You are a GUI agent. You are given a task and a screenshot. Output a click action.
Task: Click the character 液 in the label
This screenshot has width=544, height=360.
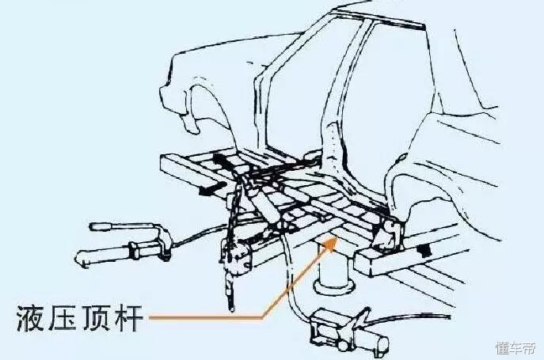[x=29, y=318]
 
